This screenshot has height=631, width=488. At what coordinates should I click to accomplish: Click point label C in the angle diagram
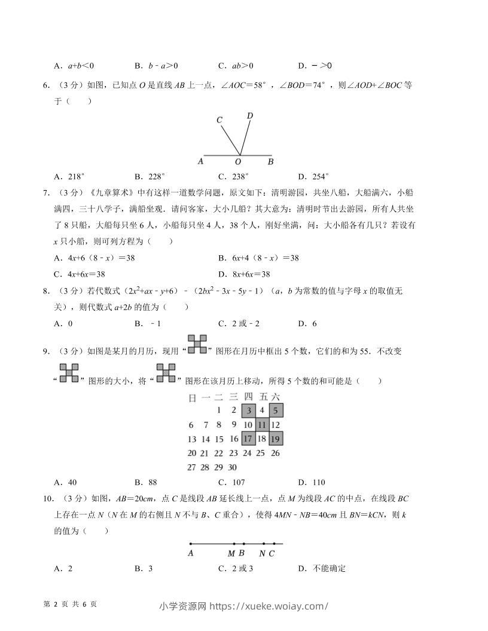(x=219, y=120)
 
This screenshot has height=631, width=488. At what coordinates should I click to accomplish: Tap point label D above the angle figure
(x=249, y=115)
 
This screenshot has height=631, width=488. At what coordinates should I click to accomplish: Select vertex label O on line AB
(x=237, y=161)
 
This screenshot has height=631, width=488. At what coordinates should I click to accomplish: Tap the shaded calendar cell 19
(x=276, y=439)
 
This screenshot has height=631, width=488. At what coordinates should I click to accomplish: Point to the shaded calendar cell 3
(x=248, y=411)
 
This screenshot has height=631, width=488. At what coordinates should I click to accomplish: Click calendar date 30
(x=233, y=467)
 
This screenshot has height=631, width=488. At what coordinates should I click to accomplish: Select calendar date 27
(x=191, y=467)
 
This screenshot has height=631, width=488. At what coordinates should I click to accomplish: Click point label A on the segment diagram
(x=190, y=553)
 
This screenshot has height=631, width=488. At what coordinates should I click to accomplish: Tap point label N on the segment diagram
(x=262, y=553)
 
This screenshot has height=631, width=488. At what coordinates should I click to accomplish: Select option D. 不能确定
(x=322, y=568)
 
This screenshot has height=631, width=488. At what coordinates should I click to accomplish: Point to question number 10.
(x=47, y=498)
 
